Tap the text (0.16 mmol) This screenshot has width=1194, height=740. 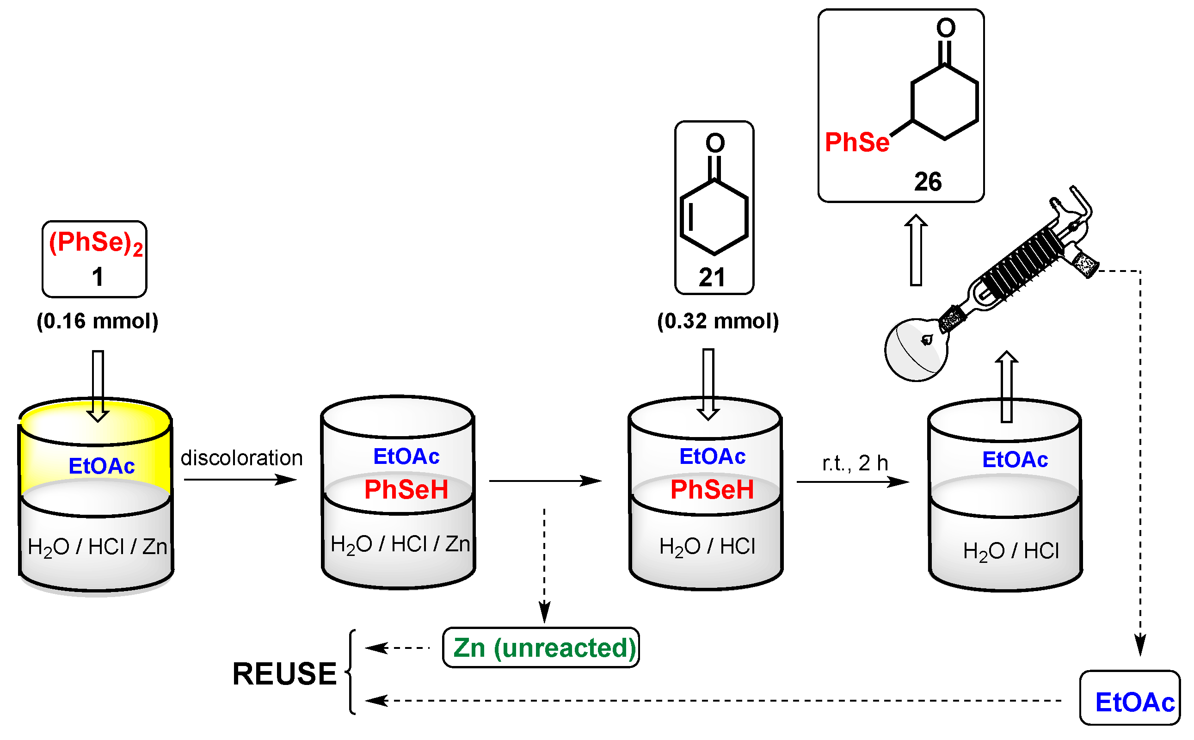(98, 321)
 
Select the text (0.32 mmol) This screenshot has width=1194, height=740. (717, 321)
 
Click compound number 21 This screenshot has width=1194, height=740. (712, 277)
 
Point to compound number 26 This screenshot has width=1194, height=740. (927, 182)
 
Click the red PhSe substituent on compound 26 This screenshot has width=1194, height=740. (856, 142)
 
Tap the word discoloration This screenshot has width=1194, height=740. (242, 458)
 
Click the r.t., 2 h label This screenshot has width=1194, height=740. (855, 463)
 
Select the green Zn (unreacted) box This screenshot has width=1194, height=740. (541, 648)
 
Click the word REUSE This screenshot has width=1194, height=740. (284, 674)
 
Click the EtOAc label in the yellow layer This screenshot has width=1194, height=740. (101, 466)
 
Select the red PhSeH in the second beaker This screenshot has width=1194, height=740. (406, 490)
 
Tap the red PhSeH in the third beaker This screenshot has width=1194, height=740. (712, 490)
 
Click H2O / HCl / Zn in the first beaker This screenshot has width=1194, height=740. (98, 547)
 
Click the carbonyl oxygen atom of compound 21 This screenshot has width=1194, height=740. (715, 143)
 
